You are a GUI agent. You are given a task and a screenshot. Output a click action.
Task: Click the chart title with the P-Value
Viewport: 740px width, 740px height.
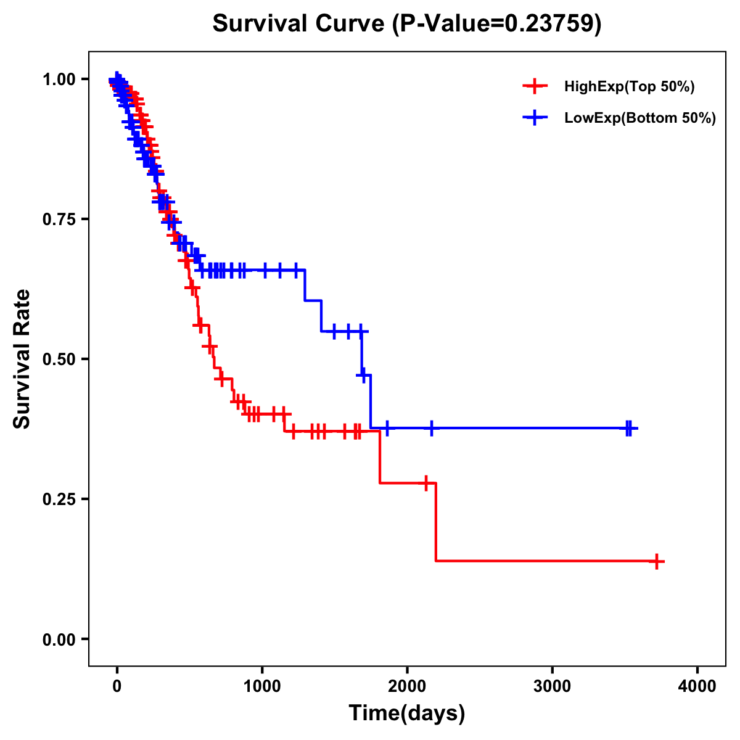click(407, 23)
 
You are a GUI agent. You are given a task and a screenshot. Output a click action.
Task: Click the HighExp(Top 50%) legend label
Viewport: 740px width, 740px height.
click(630, 87)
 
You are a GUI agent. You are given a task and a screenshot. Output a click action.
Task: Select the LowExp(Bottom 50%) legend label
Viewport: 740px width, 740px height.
click(640, 118)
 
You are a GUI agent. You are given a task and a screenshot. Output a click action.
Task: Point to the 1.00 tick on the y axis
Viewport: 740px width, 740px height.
click(59, 80)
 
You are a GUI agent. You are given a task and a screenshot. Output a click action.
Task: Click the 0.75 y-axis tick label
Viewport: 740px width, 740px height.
click(59, 220)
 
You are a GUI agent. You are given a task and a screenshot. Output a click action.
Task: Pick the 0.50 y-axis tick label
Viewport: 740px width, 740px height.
click(59, 360)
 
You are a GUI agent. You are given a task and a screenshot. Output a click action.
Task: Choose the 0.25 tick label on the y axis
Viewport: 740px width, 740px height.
click(59, 499)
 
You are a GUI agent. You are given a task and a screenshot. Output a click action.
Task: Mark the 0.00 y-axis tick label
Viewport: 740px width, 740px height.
click(59, 639)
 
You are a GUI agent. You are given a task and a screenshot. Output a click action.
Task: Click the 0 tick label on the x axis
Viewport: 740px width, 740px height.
click(117, 686)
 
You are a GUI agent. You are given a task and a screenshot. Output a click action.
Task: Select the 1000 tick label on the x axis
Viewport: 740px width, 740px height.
click(262, 686)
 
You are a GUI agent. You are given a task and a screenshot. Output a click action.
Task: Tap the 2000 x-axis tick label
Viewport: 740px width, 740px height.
click(407, 686)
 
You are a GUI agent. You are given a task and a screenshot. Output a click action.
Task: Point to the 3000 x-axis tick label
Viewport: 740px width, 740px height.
click(552, 686)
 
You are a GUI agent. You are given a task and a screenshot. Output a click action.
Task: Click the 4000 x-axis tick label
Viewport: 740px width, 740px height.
click(697, 686)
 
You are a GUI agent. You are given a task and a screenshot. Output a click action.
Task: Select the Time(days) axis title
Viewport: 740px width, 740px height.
click(407, 713)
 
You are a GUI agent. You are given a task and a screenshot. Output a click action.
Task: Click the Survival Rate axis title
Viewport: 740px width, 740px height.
click(22, 359)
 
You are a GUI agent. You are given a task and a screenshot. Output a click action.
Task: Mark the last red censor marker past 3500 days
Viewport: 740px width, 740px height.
click(657, 561)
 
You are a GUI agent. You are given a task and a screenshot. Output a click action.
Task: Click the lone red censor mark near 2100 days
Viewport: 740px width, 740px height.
click(425, 483)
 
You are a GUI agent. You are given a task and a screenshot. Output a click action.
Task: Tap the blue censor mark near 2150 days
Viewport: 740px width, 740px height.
click(431, 428)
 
